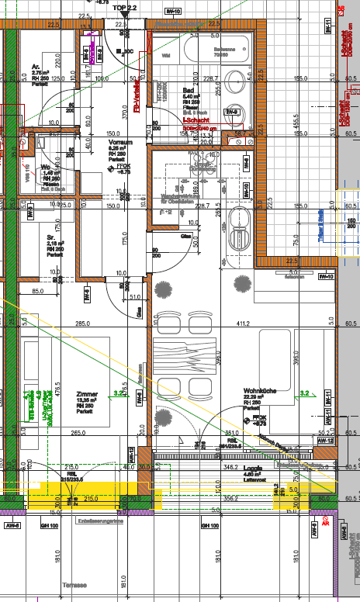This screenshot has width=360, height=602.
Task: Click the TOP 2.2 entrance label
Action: [x=124, y=6]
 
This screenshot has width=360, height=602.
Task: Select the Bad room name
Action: [x=188, y=90]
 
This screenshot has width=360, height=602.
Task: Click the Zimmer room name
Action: [x=86, y=394]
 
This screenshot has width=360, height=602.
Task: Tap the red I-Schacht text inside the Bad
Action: [x=195, y=121]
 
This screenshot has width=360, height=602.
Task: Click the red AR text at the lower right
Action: [x=325, y=524]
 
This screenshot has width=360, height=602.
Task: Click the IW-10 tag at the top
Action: [x=174, y=12]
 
